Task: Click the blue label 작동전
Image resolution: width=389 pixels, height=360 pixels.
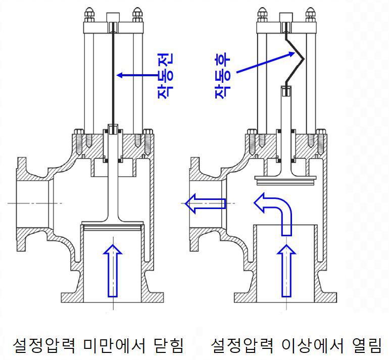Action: tap(165, 76)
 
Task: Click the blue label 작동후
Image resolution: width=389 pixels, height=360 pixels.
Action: tap(222, 76)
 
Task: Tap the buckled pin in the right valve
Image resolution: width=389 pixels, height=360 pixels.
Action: tap(295, 60)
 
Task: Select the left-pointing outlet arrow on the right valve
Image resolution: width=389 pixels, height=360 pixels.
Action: tap(206, 203)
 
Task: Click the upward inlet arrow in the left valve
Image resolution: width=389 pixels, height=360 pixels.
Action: tap(113, 271)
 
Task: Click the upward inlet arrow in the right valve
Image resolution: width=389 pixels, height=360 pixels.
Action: tap(286, 271)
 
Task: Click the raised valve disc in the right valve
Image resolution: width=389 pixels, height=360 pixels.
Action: tap(286, 180)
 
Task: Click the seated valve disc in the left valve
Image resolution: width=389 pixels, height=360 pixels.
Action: tap(113, 225)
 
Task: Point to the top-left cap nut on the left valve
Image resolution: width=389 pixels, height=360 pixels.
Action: tap(89, 15)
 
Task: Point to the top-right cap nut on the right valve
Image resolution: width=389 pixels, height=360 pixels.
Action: tap(311, 15)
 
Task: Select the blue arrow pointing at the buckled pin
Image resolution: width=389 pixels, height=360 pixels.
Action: tap(265, 62)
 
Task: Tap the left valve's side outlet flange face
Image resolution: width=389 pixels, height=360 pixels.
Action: tap(21, 204)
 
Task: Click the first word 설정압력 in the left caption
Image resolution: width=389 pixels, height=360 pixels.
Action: tap(44, 345)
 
